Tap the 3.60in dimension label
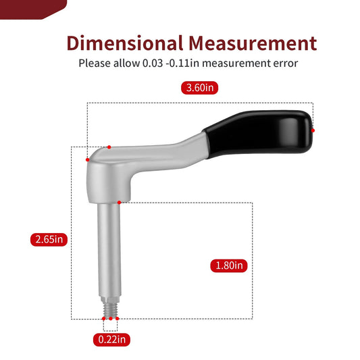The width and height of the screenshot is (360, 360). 201,88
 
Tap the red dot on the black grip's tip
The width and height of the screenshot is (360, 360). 313,130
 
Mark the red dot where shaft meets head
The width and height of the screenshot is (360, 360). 119,202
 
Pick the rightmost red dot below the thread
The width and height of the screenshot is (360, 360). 117,318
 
